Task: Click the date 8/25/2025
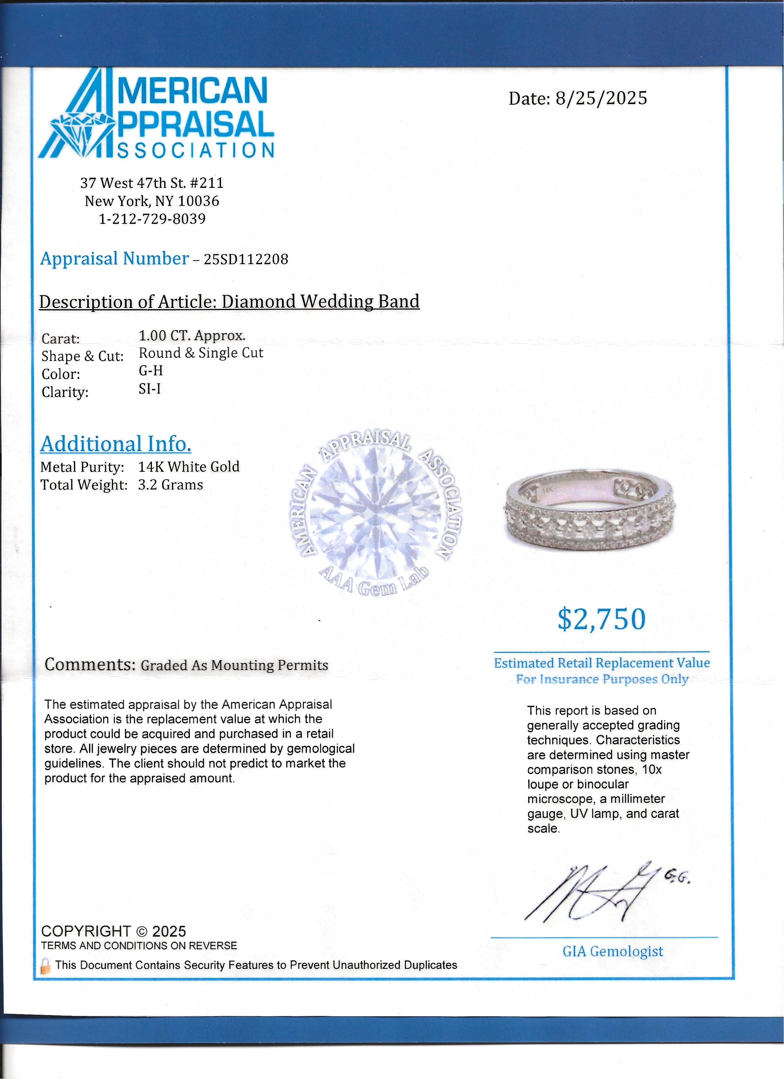601,99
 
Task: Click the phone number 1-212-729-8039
152,219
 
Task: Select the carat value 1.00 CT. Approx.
192,336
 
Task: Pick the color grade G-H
151,371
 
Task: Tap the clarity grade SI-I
149,389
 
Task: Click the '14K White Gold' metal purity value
189,467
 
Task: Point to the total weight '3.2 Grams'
170,485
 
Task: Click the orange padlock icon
46,966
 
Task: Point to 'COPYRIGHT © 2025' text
113,931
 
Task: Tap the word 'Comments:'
90,664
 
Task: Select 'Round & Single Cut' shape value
201,353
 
